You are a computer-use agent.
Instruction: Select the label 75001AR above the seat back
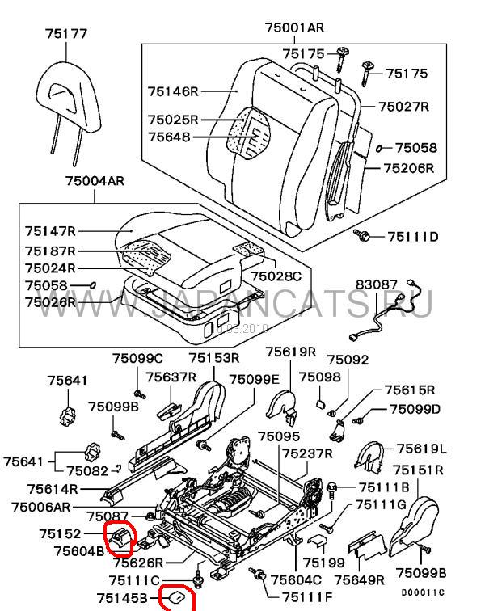(294, 28)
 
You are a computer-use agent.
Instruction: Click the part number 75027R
(403, 107)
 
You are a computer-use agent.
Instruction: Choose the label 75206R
(408, 168)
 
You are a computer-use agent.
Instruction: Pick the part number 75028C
(276, 276)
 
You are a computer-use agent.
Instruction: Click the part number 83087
(377, 284)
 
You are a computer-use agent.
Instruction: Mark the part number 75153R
(214, 358)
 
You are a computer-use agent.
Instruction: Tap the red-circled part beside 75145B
(176, 596)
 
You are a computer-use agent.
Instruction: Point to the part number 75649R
(361, 579)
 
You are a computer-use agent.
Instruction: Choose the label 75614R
(52, 489)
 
